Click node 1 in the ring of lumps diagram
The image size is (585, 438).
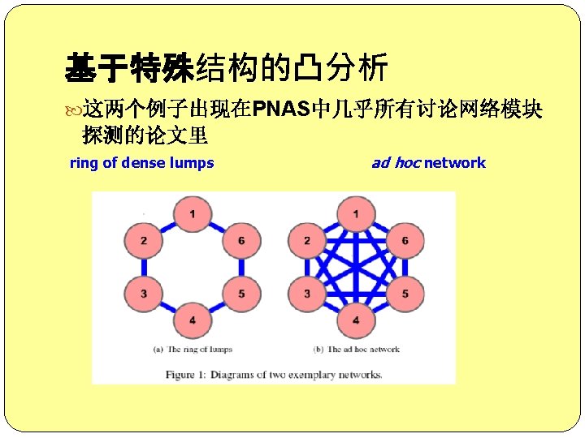coord(192,214)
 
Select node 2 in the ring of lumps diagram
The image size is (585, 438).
coord(143,241)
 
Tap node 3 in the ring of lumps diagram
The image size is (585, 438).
coord(143,293)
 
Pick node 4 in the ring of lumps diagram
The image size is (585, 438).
coord(192,320)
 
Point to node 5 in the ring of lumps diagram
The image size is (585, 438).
coord(241,293)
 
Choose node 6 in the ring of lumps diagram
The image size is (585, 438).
coord(241,241)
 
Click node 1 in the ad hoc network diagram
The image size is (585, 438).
coord(356,214)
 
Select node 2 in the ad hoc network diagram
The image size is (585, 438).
coord(307,241)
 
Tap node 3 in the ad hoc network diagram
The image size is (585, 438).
coord(307,293)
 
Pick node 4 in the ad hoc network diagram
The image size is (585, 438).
coord(356,320)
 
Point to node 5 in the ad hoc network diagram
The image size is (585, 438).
coord(405,293)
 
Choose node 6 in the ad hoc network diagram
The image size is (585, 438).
coord(405,241)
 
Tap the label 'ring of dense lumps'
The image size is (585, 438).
coord(142,163)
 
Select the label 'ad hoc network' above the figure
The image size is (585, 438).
coord(428,163)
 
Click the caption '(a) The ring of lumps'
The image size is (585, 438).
coord(193,350)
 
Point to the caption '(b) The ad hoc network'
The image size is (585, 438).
coord(357,350)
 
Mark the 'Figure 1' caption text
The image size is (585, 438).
coord(274,375)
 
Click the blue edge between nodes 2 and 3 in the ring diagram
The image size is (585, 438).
coord(143,267)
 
